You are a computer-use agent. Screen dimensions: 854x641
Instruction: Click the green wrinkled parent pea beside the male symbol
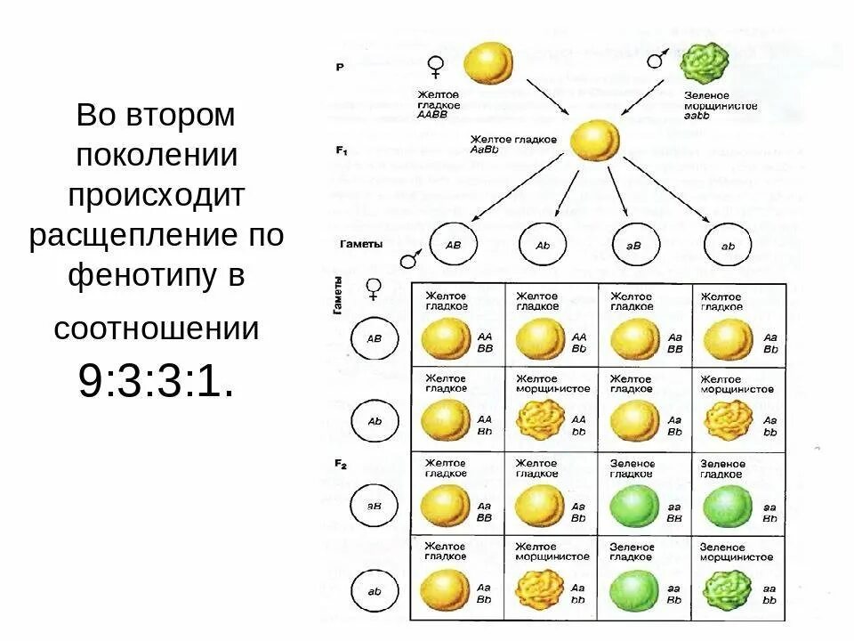pyautogui.click(x=705, y=62)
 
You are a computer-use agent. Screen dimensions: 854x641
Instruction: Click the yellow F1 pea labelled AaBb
pyautogui.click(x=593, y=141)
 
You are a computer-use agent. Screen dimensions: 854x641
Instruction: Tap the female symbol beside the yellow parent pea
pyautogui.click(x=436, y=66)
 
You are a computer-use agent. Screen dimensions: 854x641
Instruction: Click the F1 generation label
pyautogui.click(x=342, y=151)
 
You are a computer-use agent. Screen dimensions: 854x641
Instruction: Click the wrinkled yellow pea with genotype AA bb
pyautogui.click(x=541, y=419)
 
